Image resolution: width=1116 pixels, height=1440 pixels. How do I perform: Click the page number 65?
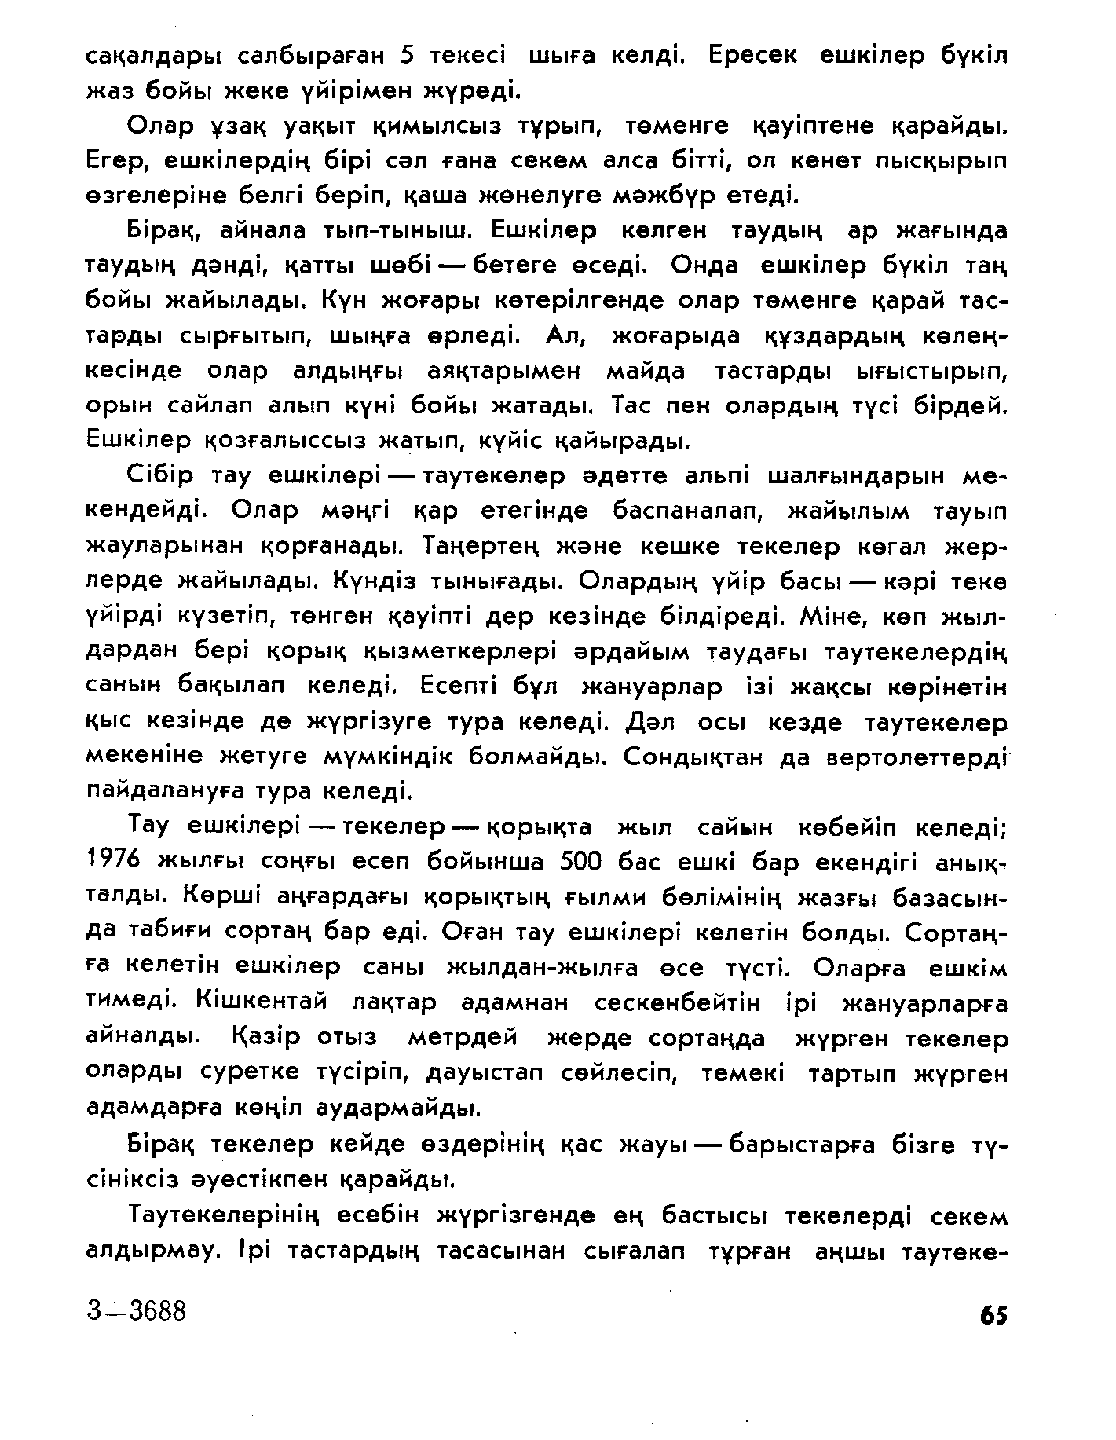pos(993,1315)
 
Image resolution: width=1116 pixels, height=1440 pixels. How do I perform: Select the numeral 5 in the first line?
pos(406,56)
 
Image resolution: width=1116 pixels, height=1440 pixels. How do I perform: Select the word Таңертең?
pos(474,545)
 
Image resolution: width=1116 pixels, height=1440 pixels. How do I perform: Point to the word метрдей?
pos(463,1039)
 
